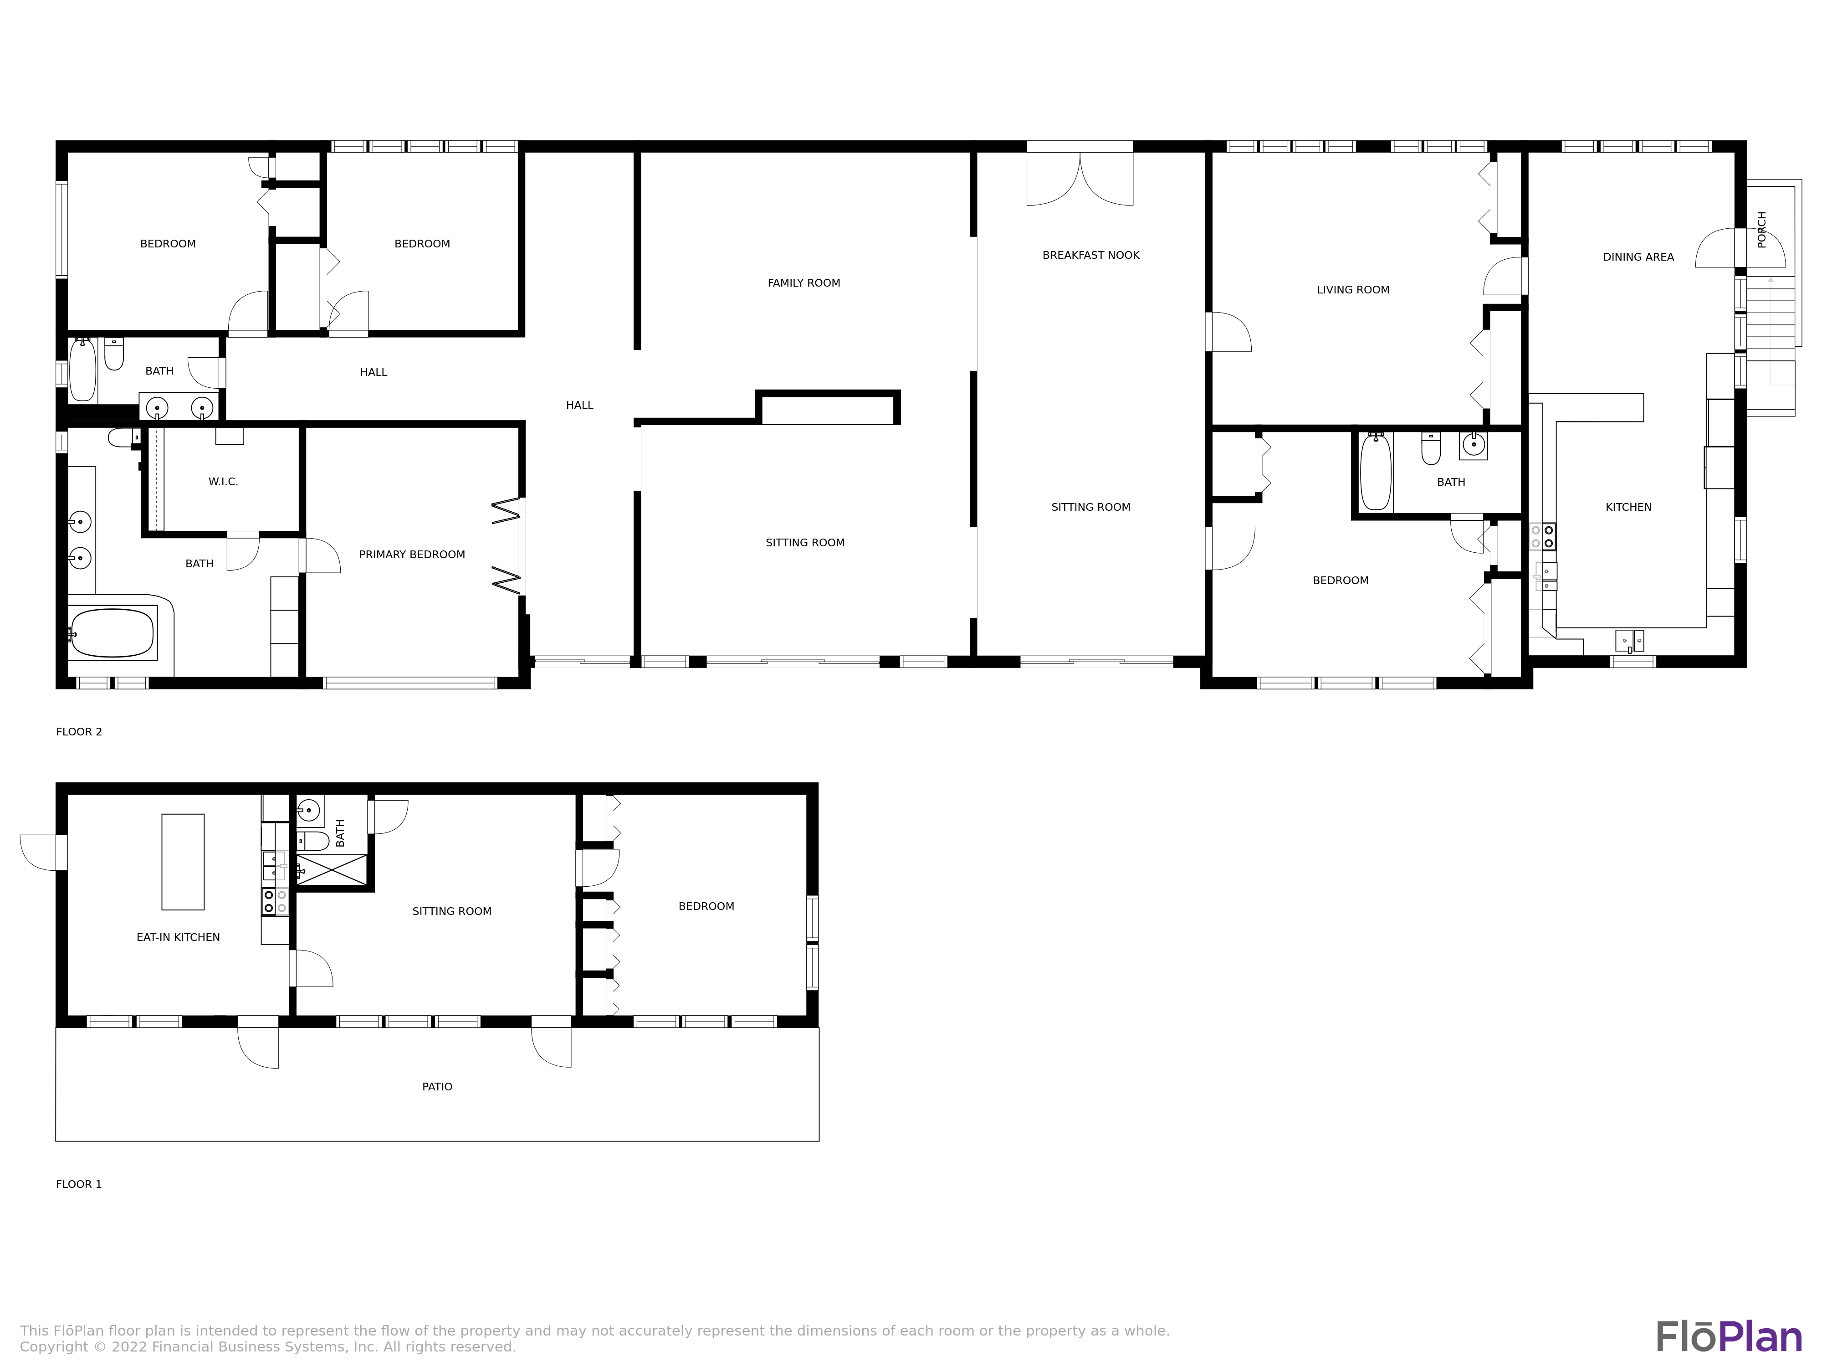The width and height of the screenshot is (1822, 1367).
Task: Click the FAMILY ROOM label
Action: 804,283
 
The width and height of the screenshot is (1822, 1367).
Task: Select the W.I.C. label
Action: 223,481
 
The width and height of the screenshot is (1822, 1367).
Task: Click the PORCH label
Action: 1762,229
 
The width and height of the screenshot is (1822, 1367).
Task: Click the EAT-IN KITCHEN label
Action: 178,937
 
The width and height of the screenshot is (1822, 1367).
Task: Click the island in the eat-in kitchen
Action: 183,862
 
